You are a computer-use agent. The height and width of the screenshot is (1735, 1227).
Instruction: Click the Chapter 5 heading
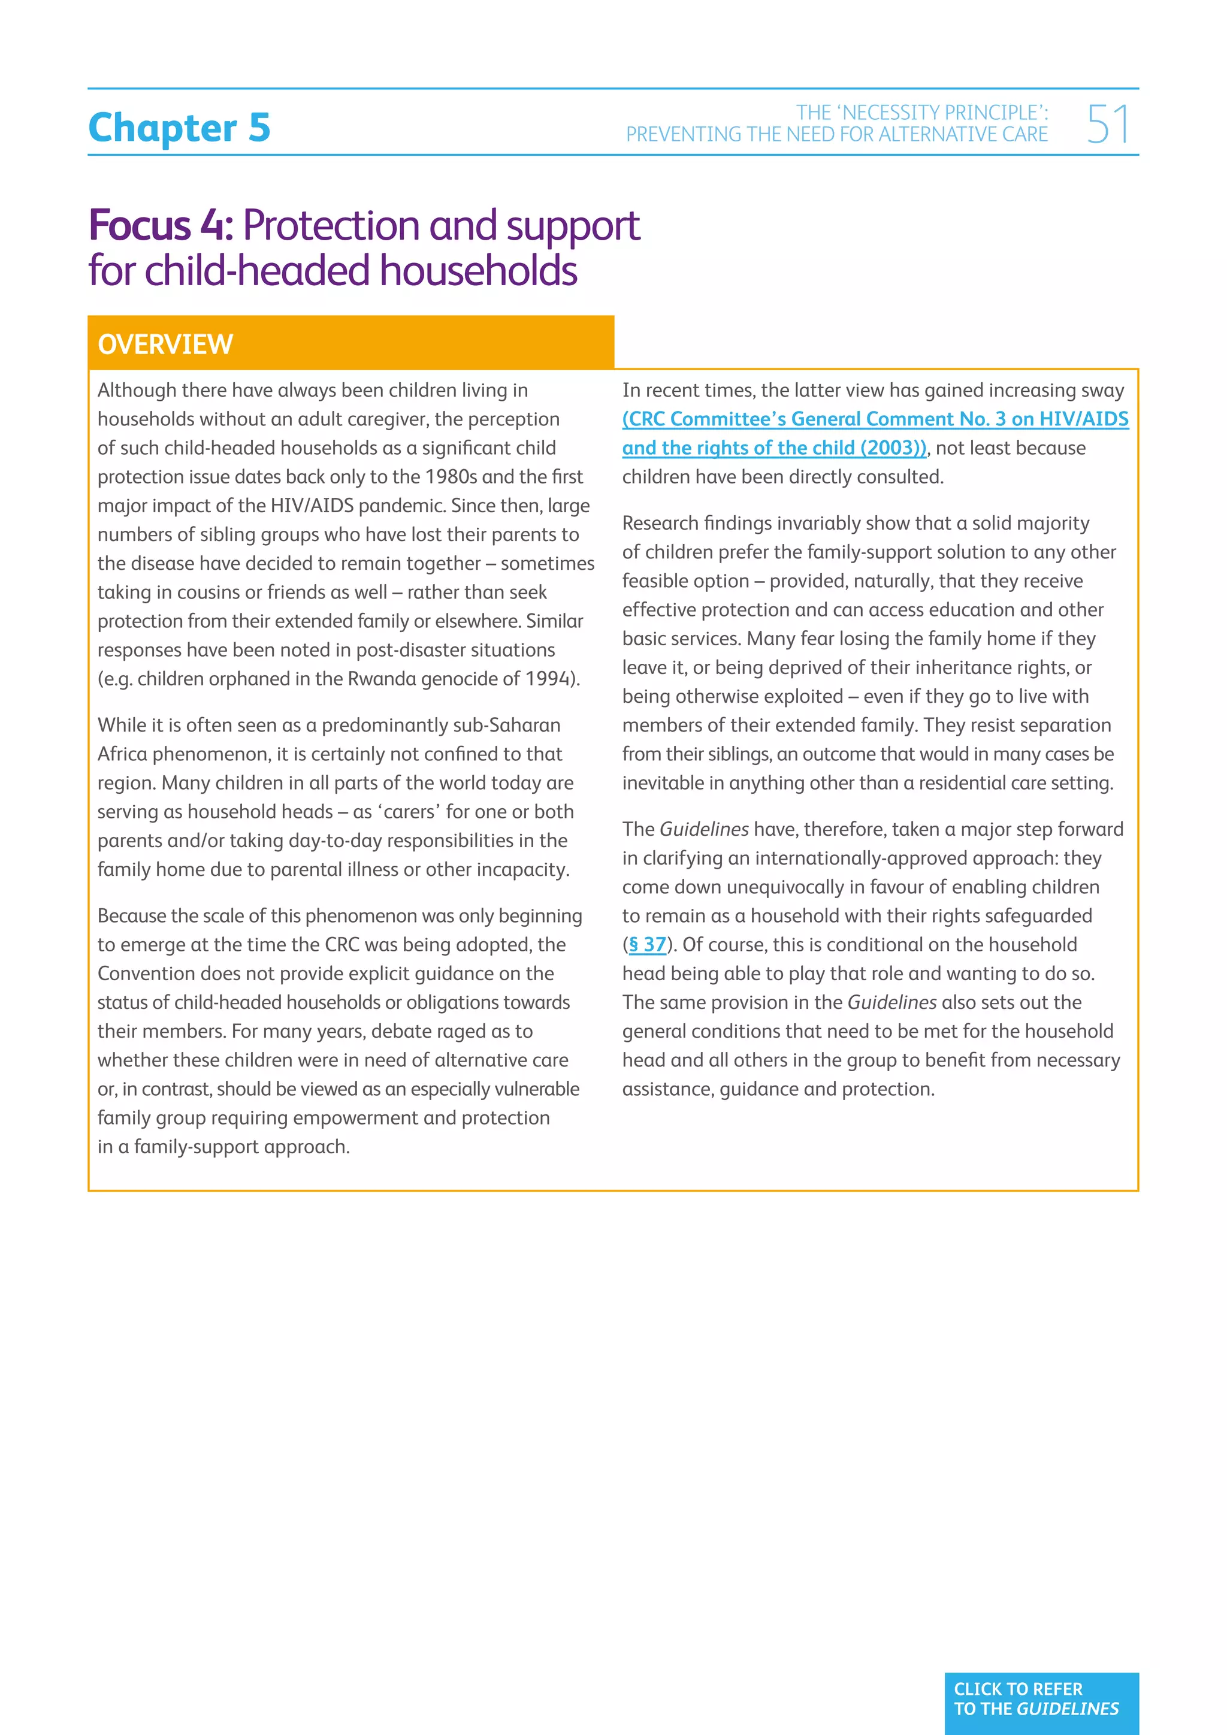pos(179,127)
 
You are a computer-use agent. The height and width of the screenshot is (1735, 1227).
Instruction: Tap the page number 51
pos(1108,125)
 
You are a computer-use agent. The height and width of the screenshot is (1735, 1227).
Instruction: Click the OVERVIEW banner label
pos(165,344)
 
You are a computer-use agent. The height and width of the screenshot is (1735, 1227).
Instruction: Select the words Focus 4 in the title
pos(160,226)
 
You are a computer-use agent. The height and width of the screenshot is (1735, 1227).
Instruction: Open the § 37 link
pos(648,945)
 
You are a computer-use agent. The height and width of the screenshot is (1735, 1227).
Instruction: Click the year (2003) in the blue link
pos(892,448)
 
